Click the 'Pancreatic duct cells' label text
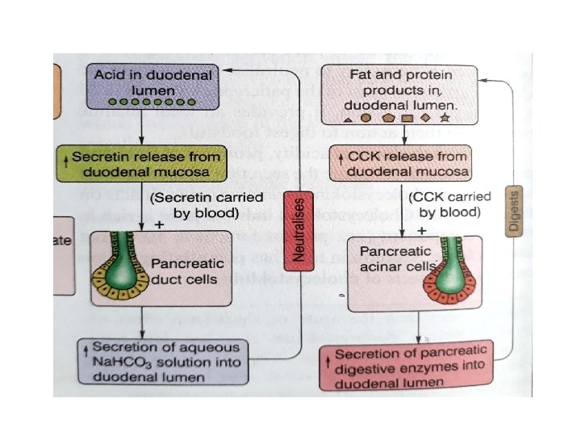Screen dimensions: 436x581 185,272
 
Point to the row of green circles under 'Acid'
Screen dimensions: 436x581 140,103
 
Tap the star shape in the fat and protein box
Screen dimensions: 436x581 445,119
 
